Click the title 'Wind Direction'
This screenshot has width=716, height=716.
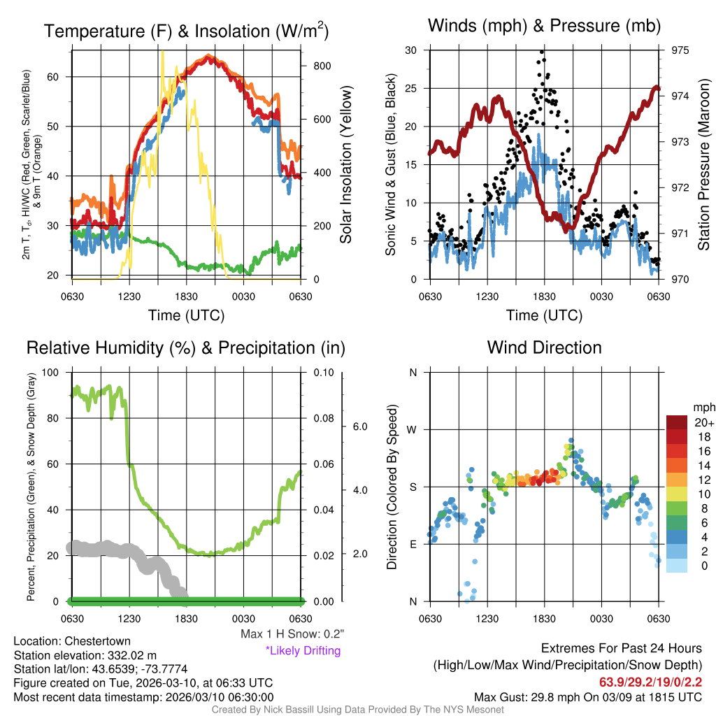pos(544,348)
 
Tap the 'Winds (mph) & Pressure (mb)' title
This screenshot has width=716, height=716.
pos(544,26)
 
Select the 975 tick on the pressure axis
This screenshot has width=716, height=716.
pos(680,50)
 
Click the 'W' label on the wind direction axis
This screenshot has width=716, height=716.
pos(413,429)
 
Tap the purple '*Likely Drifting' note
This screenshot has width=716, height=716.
pos(303,650)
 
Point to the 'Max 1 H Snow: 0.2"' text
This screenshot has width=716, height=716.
pos(292,634)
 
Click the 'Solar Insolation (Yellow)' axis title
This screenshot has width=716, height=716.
pos(345,165)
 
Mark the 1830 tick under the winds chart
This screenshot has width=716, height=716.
pos(544,296)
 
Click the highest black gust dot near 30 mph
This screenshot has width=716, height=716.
pos(542,52)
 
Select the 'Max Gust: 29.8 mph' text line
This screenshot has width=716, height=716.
pos(587,696)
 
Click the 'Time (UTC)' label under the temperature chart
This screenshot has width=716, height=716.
pos(186,315)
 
